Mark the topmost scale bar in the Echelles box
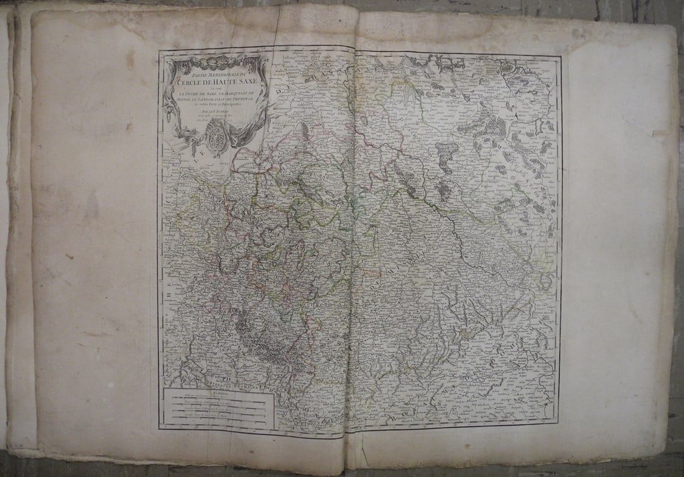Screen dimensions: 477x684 pyautogui.click(x=218, y=399)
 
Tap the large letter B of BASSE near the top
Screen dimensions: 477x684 pyautogui.click(x=309, y=79)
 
